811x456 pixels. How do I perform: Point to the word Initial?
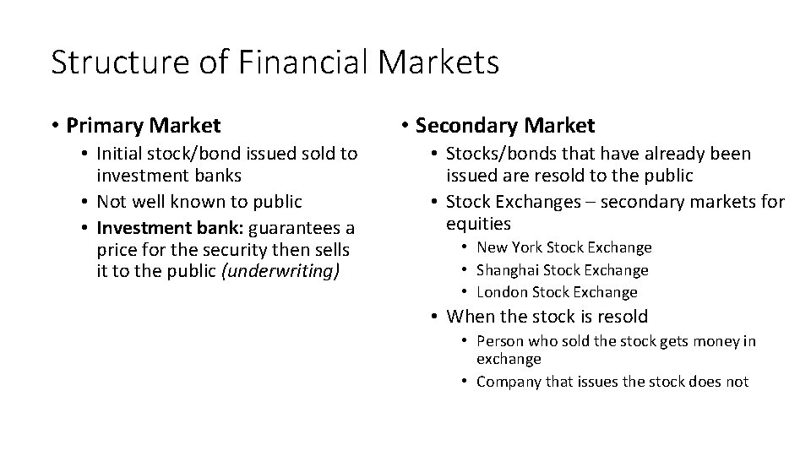click(x=121, y=154)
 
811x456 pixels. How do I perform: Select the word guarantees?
click(x=289, y=229)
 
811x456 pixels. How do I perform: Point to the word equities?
click(x=478, y=224)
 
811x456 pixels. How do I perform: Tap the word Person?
click(x=499, y=341)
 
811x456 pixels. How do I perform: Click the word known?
click(x=195, y=202)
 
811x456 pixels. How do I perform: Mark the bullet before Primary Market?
click(x=55, y=127)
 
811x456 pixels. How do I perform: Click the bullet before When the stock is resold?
click(x=432, y=318)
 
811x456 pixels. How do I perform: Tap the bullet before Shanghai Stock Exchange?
click(x=465, y=270)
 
